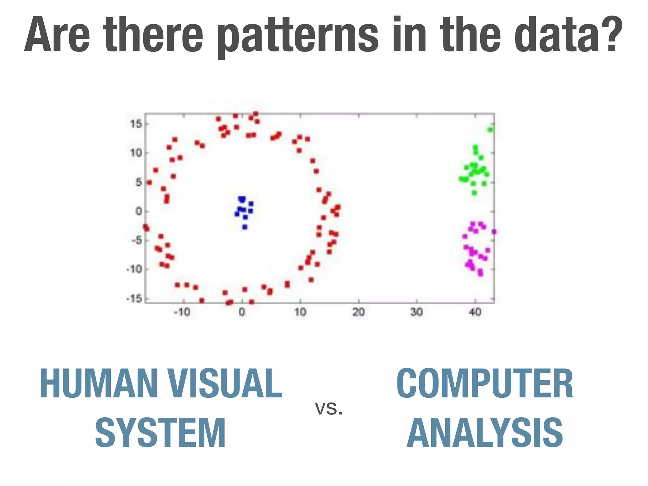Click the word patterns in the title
[297, 35]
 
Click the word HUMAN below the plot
[98, 383]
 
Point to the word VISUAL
[225, 383]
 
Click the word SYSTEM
[160, 433]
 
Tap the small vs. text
[329, 408]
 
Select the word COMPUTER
[485, 383]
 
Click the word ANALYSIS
[485, 433]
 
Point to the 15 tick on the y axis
[136, 124]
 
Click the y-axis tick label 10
[136, 153]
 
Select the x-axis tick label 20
[358, 312]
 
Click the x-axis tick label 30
[417, 312]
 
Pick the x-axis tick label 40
[475, 312]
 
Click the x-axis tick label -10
[182, 312]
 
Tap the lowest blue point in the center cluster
[245, 227]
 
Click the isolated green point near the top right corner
[490, 130]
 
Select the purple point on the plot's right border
[494, 232]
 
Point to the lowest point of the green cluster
[474, 193]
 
